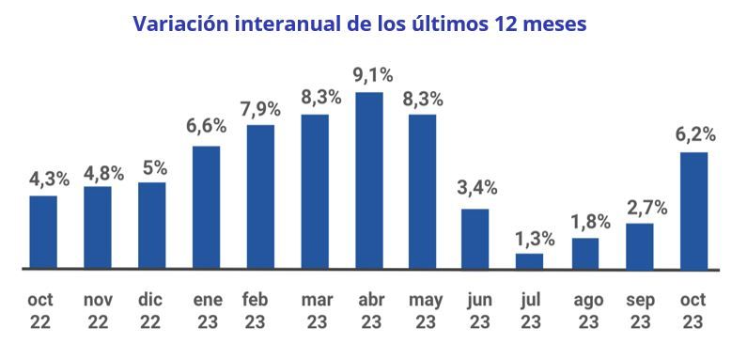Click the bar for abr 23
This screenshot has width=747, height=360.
click(368, 180)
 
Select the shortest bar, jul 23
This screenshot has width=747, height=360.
click(529, 260)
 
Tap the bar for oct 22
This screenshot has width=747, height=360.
click(43, 231)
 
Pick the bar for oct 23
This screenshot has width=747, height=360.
click(693, 211)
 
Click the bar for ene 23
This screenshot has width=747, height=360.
click(206, 207)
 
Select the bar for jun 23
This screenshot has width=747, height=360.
click(475, 238)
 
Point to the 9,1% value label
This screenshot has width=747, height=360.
click(369, 74)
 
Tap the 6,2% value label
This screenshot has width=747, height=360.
click(693, 134)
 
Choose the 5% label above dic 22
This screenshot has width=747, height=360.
click(153, 167)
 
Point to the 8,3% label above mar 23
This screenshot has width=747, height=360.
click(315, 97)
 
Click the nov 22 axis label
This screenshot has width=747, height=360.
click(98, 310)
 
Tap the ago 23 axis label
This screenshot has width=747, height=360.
click(588, 310)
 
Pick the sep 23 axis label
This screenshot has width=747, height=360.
click(640, 310)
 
